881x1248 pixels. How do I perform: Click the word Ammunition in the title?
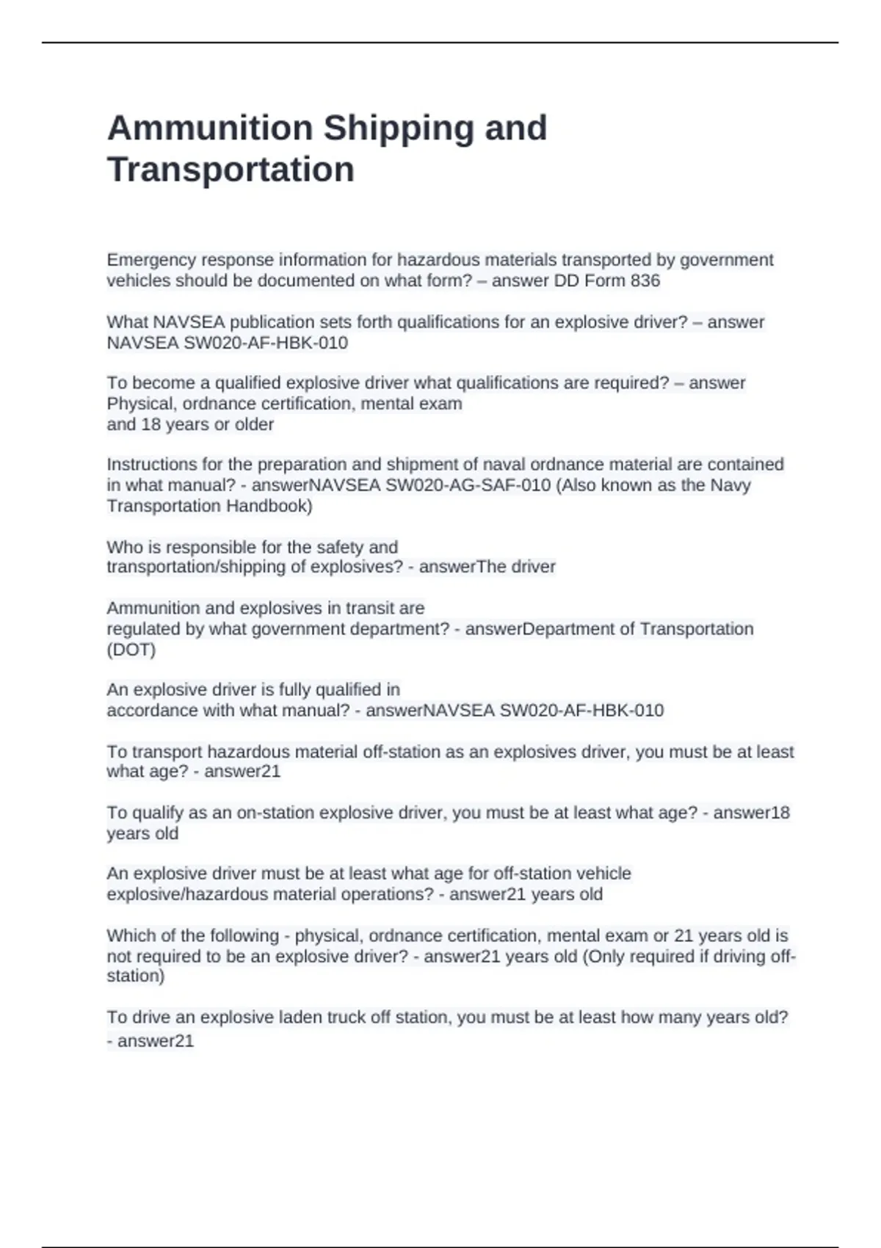coord(210,128)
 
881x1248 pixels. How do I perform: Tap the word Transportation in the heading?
coord(231,170)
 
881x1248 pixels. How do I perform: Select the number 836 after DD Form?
coord(645,280)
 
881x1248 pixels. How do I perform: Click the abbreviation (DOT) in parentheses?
coord(131,650)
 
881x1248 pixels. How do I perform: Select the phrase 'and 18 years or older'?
coord(190,424)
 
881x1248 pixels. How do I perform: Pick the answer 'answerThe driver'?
coord(487,567)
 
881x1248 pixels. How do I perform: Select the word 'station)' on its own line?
coord(136,976)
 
